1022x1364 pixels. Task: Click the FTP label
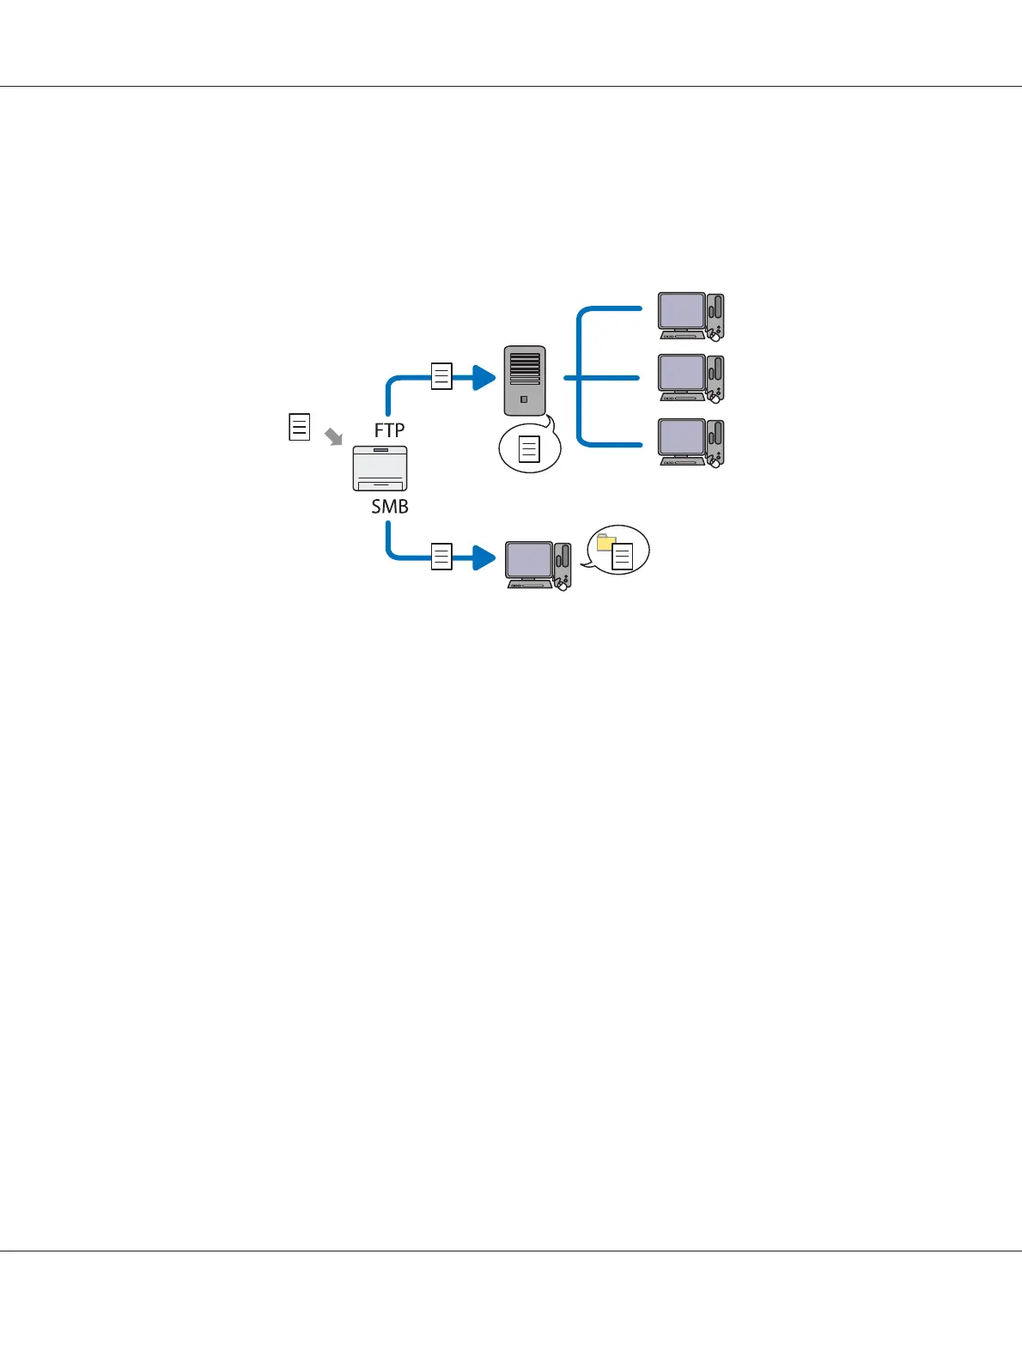(x=389, y=430)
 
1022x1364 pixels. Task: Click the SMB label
(x=389, y=507)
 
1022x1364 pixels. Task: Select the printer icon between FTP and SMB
(x=380, y=468)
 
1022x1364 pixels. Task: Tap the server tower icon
(x=525, y=380)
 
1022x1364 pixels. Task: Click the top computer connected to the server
(x=690, y=316)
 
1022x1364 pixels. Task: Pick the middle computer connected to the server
(x=690, y=378)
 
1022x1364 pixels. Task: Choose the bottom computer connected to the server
(x=690, y=442)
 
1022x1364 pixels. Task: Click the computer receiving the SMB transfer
(x=538, y=565)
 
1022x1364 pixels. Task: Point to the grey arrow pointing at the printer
(x=333, y=437)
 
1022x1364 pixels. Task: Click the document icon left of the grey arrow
(x=299, y=427)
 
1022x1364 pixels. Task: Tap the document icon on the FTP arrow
(x=441, y=377)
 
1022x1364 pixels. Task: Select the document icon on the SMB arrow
(x=441, y=557)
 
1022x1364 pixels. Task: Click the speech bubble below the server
(x=530, y=448)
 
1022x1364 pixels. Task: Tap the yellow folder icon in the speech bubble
(x=606, y=542)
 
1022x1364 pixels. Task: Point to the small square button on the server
(x=524, y=399)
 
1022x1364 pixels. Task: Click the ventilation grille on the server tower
(x=525, y=368)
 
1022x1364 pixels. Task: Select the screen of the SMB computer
(x=529, y=560)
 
